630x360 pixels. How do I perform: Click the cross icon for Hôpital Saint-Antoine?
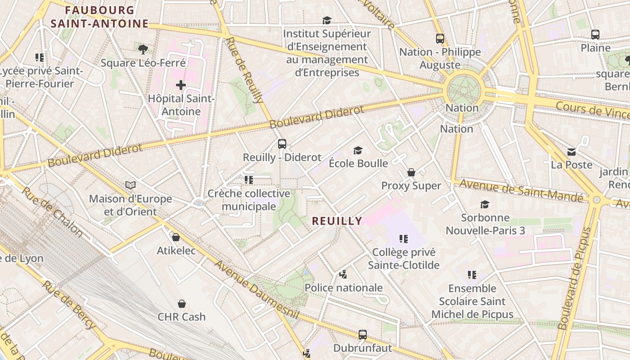181,85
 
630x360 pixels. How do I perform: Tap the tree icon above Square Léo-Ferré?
143,49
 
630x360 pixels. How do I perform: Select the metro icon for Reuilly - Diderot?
282,144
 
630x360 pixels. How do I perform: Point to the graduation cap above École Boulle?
358,150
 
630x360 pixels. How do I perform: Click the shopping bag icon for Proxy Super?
411,172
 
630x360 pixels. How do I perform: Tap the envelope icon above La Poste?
571,152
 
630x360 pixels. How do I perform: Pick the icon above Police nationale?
343,274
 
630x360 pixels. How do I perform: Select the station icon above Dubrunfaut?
363,335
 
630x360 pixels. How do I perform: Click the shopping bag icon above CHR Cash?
181,304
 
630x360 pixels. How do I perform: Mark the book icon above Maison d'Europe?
130,185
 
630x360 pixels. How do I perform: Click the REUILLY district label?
337,221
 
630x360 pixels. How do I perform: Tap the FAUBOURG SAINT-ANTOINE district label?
99,17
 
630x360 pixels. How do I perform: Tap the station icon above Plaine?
595,35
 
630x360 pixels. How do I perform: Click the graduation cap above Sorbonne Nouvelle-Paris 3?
485,205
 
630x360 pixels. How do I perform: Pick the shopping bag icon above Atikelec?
176,237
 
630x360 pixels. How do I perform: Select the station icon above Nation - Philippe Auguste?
440,39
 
